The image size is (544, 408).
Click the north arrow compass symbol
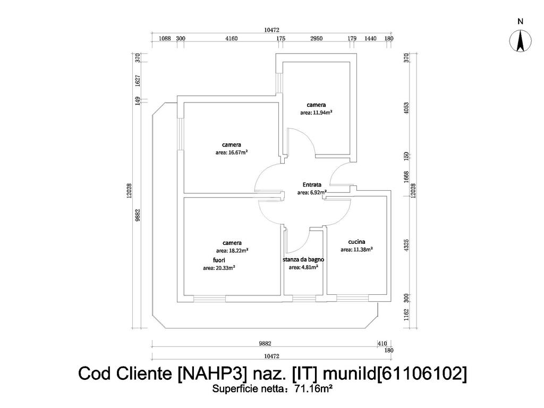pyautogui.click(x=520, y=41)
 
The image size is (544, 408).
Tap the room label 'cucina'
pyautogui.click(x=356, y=242)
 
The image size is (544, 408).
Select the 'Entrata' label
pyautogui.click(x=312, y=184)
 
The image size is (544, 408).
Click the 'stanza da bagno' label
pyautogui.click(x=303, y=259)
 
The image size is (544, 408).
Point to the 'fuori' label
pyautogui.click(x=219, y=260)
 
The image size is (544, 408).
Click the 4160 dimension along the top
pyautogui.click(x=232, y=38)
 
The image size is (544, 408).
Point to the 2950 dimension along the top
pyautogui.click(x=316, y=38)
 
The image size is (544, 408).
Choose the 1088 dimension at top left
pyautogui.click(x=165, y=38)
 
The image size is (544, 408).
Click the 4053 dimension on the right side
pyautogui.click(x=406, y=108)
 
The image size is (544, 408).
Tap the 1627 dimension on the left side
pyautogui.click(x=138, y=81)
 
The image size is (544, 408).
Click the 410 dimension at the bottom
pyautogui.click(x=382, y=344)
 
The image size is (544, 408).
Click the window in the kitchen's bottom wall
pyautogui.click(x=353, y=298)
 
